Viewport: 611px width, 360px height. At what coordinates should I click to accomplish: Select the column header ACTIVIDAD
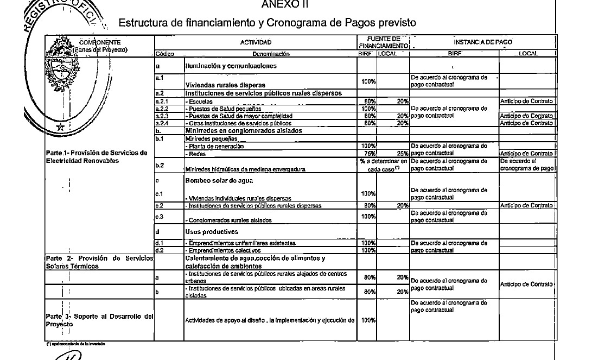click(x=256, y=42)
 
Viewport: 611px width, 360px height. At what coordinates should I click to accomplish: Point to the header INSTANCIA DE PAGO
click(x=482, y=42)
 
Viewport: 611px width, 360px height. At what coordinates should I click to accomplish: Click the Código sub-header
click(x=164, y=54)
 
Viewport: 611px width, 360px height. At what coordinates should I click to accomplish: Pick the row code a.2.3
click(x=162, y=116)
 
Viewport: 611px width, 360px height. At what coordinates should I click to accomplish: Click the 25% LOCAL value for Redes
click(x=402, y=154)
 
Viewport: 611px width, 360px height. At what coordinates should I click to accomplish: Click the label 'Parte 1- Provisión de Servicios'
click(x=97, y=153)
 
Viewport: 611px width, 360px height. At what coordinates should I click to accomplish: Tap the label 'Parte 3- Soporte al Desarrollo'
click(x=98, y=316)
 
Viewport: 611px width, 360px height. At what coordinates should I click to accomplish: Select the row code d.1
click(x=160, y=243)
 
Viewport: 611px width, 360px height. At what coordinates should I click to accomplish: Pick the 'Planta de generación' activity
click(x=214, y=146)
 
